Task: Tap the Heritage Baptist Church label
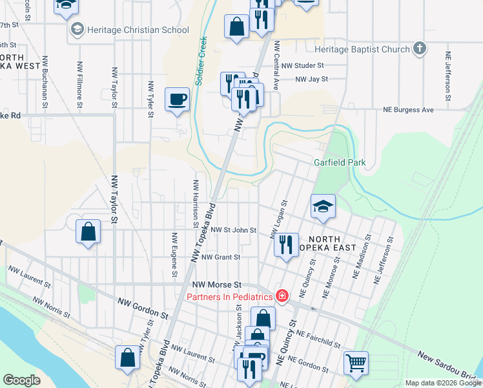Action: click(362, 49)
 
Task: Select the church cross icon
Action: click(420, 48)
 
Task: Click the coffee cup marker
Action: click(177, 100)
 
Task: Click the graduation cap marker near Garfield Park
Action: click(323, 207)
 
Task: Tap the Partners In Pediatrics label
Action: click(229, 297)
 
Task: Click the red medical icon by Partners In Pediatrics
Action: click(282, 297)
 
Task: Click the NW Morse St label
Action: click(217, 285)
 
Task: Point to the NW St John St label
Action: click(229, 230)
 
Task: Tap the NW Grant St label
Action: click(221, 257)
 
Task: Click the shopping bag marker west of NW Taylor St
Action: click(88, 232)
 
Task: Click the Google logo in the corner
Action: click(22, 380)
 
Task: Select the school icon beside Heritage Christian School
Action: click(77, 30)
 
